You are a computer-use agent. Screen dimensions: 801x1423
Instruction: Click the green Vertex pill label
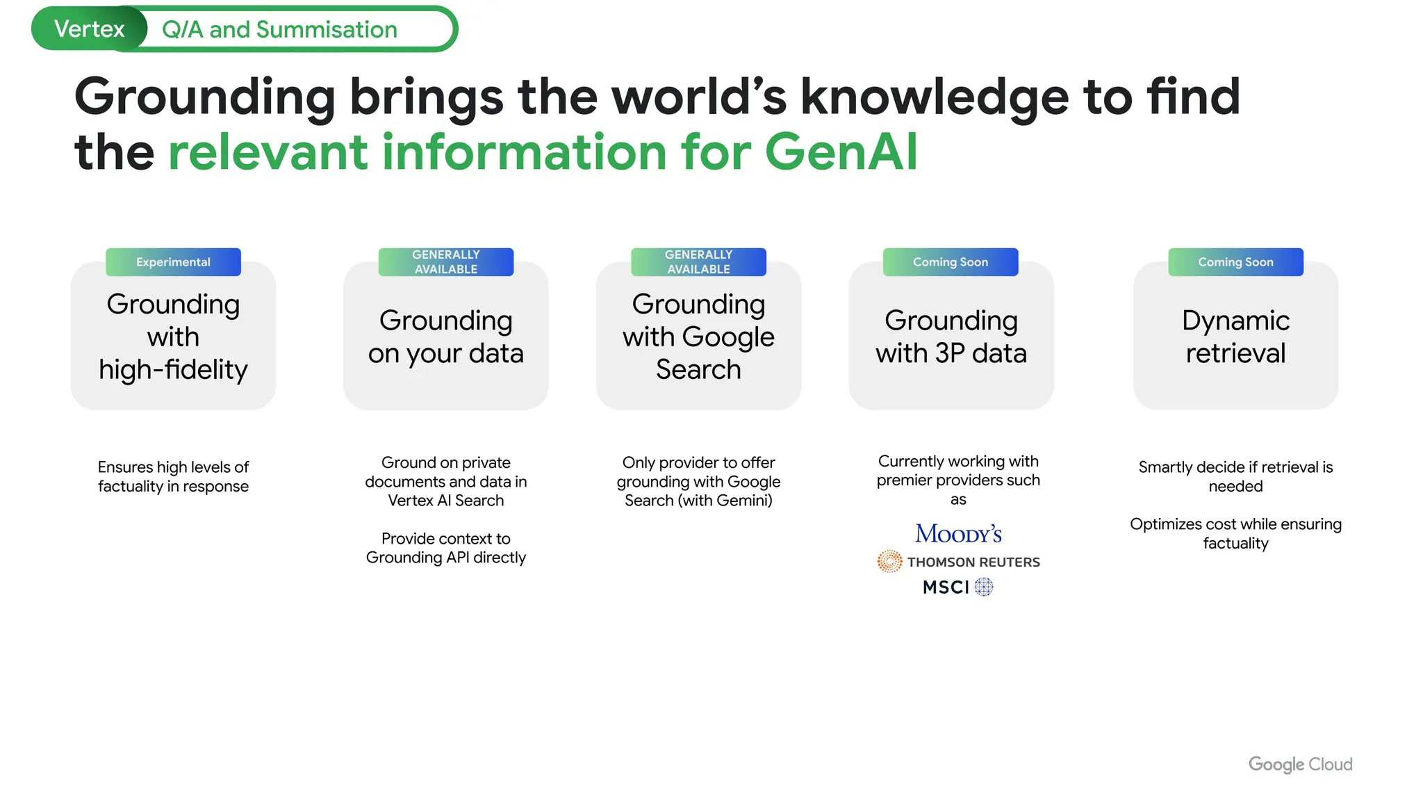(x=89, y=29)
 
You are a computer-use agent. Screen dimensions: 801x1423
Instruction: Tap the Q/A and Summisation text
(x=279, y=29)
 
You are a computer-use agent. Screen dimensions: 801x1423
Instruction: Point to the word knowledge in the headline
(x=935, y=96)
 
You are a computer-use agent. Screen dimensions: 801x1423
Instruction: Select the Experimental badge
(x=173, y=262)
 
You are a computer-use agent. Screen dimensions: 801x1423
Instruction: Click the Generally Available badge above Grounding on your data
(x=446, y=262)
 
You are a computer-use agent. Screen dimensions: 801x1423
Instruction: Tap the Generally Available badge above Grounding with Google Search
(x=698, y=262)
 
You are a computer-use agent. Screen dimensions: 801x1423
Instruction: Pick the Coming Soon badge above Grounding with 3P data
(x=951, y=262)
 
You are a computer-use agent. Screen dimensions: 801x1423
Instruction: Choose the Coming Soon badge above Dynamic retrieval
(x=1235, y=262)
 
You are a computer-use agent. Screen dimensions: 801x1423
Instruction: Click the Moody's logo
(x=958, y=533)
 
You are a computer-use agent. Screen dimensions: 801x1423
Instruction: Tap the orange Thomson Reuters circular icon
(x=889, y=561)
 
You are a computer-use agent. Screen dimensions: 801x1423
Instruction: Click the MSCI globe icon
(x=984, y=587)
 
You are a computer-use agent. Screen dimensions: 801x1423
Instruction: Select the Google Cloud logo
(x=1300, y=764)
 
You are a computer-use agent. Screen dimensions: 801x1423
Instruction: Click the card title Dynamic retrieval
(x=1235, y=337)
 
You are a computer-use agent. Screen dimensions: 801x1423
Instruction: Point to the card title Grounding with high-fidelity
(x=173, y=337)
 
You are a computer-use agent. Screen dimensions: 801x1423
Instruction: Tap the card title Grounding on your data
(x=446, y=337)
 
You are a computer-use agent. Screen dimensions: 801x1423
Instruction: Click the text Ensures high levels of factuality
(x=173, y=476)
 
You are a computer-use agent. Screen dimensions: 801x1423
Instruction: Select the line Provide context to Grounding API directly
(x=446, y=548)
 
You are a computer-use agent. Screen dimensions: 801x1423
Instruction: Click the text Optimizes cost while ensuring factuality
(x=1235, y=533)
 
